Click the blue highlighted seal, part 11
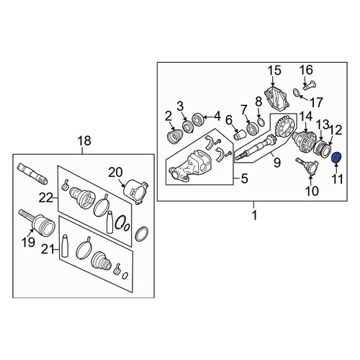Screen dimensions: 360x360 pyautogui.click(x=337, y=158)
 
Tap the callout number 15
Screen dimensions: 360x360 pyautogui.click(x=274, y=71)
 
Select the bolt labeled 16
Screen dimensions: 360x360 pyautogui.click(x=309, y=86)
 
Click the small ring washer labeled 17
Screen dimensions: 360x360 pyautogui.click(x=297, y=93)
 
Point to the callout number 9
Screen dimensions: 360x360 pyautogui.click(x=277, y=163)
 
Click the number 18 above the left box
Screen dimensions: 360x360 pyautogui.click(x=85, y=140)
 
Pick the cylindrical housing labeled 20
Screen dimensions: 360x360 pyautogui.click(x=135, y=191)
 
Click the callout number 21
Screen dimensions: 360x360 pyautogui.click(x=48, y=250)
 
